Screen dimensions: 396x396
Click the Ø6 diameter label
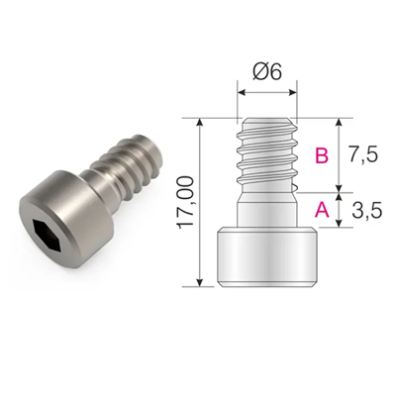(267, 73)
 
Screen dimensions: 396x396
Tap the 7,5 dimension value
(365, 155)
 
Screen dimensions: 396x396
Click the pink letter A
(321, 209)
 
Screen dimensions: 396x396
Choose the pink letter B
(321, 155)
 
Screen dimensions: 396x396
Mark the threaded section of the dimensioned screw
(267, 153)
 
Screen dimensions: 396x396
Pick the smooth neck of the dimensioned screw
(267, 209)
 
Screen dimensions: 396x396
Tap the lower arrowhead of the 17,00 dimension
(204, 284)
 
